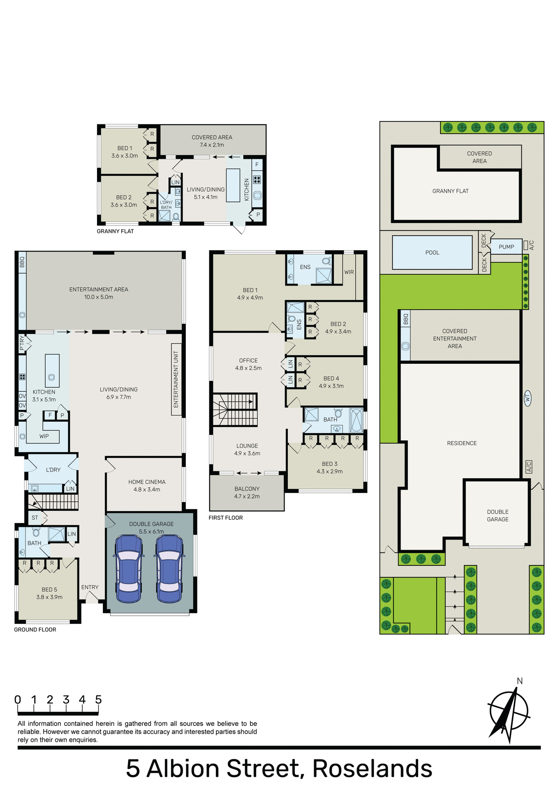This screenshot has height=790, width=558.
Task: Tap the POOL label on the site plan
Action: [432, 253]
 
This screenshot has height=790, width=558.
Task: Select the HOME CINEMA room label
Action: [147, 486]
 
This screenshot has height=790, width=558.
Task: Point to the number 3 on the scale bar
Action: [66, 699]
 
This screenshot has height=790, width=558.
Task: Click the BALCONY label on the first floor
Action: [247, 493]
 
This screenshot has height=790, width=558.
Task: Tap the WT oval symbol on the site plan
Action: [528, 398]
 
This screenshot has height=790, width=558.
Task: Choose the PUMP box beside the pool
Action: [506, 247]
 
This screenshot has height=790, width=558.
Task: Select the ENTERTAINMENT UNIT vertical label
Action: [176, 379]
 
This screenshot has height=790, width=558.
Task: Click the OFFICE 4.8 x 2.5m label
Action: [248, 364]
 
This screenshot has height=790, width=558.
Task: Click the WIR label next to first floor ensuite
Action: [349, 272]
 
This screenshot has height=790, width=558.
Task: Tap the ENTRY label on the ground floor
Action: [90, 587]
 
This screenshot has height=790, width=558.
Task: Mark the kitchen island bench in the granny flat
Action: [233, 185]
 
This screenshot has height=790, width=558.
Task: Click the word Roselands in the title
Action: [372, 768]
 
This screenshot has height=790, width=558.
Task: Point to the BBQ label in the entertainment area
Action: [22, 262]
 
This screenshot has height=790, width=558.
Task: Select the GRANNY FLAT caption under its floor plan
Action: [115, 231]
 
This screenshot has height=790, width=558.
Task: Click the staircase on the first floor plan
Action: [235, 409]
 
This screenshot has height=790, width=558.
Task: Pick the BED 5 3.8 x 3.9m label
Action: [49, 593]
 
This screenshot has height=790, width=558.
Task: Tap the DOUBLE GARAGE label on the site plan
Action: [498, 516]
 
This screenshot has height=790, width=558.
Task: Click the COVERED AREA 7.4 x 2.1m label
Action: [212, 141]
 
